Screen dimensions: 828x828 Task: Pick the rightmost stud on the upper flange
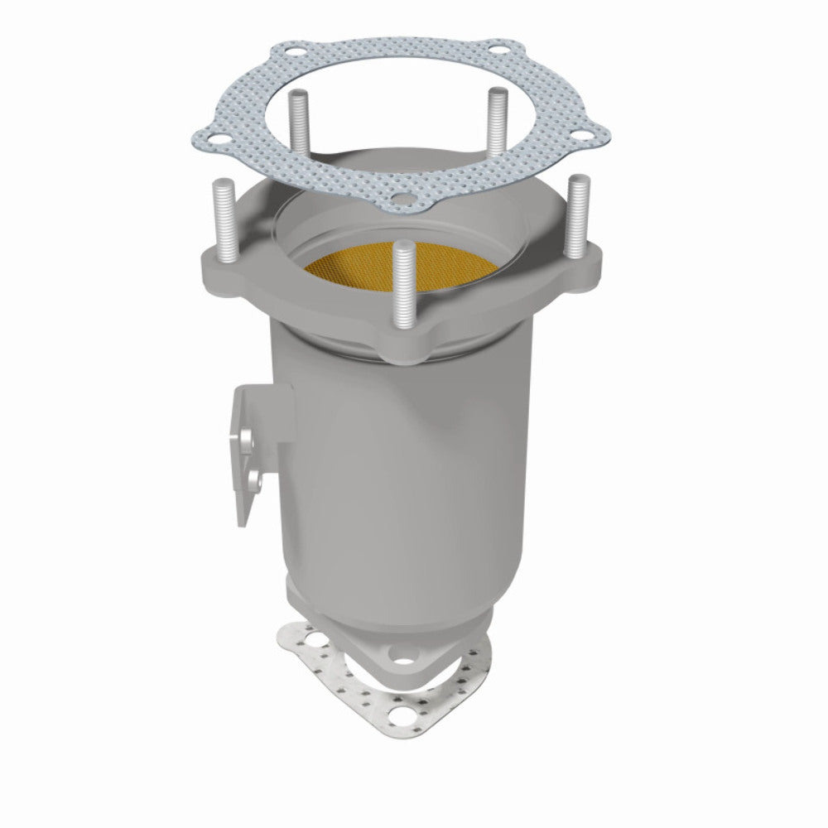[x=575, y=211]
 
